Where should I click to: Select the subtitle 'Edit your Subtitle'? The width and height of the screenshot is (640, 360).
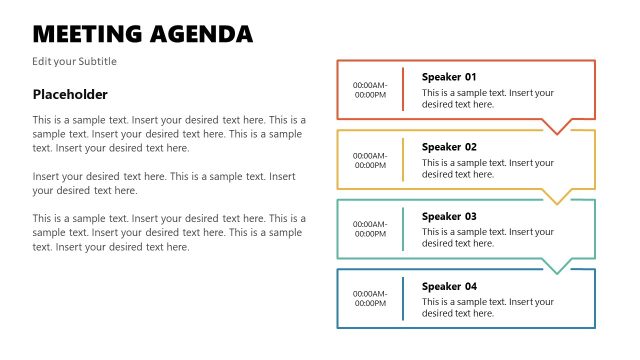[x=75, y=61]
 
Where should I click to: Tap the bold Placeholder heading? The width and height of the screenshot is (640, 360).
[x=70, y=94]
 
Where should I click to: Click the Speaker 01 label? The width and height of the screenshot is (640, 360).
[x=449, y=77]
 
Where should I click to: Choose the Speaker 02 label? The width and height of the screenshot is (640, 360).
[x=449, y=147]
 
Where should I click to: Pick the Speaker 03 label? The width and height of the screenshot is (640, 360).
[x=449, y=216]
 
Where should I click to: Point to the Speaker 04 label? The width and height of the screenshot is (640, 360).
[x=449, y=286]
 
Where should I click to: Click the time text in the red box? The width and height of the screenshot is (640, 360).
[x=370, y=90]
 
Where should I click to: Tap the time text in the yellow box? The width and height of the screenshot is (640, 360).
[x=370, y=160]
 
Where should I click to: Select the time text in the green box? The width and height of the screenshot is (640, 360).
[x=370, y=229]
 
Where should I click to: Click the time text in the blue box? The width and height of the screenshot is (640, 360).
[x=370, y=299]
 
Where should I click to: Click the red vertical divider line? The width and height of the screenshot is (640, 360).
[x=403, y=89]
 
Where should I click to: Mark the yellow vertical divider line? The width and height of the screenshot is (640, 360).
[x=403, y=159]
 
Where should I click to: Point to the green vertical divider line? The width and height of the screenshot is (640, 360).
[x=403, y=229]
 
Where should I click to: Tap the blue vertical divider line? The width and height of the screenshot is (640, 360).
[x=403, y=298]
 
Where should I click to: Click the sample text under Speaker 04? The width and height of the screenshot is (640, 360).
[x=487, y=307]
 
